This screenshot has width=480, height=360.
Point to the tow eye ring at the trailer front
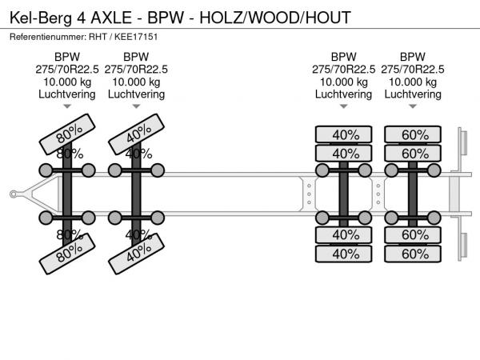pyautogui.click(x=14, y=193)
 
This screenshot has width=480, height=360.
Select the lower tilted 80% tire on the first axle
pyautogui.click(x=68, y=254)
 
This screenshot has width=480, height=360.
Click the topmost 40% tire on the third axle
pyautogui.click(x=345, y=134)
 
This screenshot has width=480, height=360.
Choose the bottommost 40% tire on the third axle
pyautogui.click(x=345, y=254)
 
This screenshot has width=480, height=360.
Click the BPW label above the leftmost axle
pyautogui.click(x=67, y=56)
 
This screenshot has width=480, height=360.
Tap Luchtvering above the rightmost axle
pyautogui.click(x=413, y=94)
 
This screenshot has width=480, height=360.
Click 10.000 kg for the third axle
pyautogui.click(x=344, y=82)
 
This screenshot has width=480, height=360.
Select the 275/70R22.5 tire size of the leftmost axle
pyautogui.click(x=67, y=69)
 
